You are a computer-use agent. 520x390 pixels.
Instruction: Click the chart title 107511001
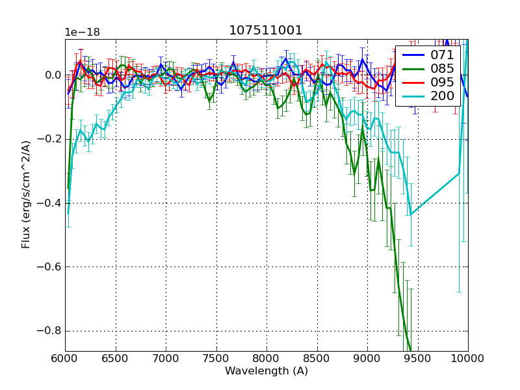(x=266, y=31)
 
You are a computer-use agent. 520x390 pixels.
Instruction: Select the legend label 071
(x=442, y=55)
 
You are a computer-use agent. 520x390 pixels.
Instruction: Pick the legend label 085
(x=442, y=68)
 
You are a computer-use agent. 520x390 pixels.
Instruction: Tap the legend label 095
(x=442, y=83)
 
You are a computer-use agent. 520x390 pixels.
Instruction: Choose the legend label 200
(x=442, y=96)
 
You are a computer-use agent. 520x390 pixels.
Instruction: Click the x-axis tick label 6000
(x=65, y=358)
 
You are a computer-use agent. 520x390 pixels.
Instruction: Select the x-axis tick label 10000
(x=467, y=358)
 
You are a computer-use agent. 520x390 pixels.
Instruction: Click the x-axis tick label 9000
(x=367, y=358)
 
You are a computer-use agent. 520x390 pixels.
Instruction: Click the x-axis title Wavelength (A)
(x=266, y=371)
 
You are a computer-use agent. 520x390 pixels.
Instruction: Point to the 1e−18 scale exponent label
(x=82, y=32)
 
